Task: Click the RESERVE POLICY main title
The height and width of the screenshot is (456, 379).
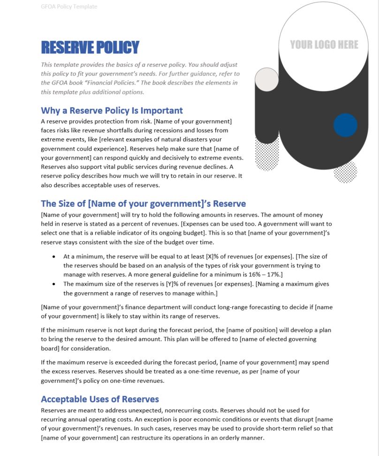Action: (90, 47)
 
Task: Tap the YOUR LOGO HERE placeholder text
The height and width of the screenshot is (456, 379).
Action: (324, 45)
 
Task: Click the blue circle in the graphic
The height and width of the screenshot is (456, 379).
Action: (345, 125)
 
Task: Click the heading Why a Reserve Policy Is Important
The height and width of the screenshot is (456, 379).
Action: (112, 111)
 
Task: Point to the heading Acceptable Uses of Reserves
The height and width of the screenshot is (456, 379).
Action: (100, 399)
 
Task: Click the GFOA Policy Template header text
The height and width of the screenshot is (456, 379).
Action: (69, 7)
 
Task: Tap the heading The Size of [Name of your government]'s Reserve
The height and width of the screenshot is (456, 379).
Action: (143, 204)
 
